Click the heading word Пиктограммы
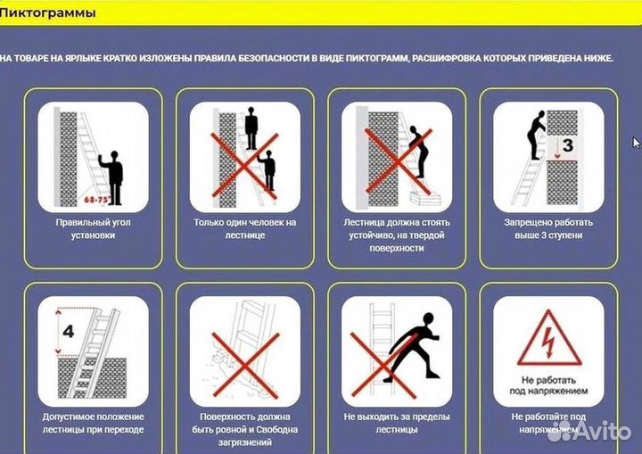(x=47, y=13)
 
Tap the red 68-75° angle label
(x=97, y=200)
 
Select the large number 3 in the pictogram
(x=567, y=145)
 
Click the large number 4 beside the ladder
(x=69, y=331)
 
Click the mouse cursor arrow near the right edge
(x=637, y=143)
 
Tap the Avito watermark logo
(x=588, y=432)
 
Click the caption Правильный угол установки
(x=93, y=228)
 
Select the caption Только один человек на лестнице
(x=245, y=228)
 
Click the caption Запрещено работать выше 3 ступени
(x=548, y=228)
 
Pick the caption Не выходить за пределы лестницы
(x=396, y=423)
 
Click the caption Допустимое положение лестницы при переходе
(x=93, y=423)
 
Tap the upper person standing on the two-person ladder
(x=251, y=128)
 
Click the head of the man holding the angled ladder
(x=114, y=155)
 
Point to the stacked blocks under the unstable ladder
(x=426, y=198)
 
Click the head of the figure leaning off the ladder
(x=427, y=319)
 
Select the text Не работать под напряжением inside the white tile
(x=548, y=385)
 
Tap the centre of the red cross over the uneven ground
(x=245, y=365)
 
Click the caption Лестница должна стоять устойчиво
(x=396, y=228)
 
